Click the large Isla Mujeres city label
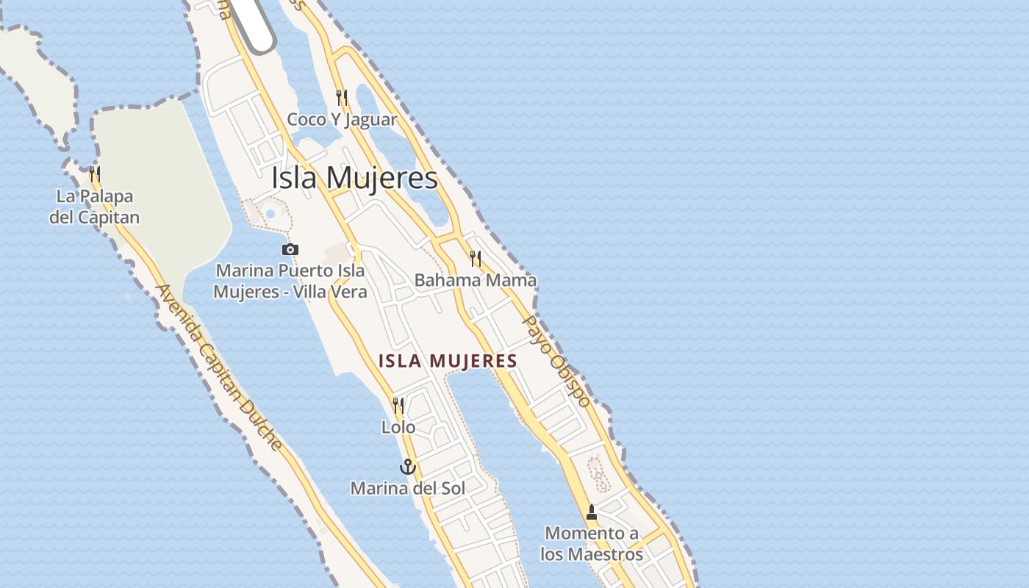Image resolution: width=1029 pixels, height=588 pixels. (354, 178)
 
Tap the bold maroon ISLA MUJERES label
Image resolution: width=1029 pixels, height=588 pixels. (448, 361)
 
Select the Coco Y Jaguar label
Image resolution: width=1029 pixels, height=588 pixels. (342, 120)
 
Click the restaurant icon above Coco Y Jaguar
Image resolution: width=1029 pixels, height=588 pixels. (341, 97)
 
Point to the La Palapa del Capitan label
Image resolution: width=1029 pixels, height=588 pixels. (94, 207)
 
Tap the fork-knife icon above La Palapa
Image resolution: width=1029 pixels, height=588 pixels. (95, 174)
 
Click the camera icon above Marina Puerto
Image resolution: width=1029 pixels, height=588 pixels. (290, 250)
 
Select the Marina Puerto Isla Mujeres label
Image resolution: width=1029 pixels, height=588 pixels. (290, 282)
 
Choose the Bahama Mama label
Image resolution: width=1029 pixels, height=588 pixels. (475, 280)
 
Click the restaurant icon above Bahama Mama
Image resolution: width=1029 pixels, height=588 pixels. (476, 259)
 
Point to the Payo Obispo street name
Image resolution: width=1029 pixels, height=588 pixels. (556, 361)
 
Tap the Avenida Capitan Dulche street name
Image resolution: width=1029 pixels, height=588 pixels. (218, 367)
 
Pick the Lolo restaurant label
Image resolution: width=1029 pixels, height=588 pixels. (398, 427)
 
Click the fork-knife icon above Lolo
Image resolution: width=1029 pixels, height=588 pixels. (398, 405)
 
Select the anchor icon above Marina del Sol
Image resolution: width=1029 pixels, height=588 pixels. (407, 467)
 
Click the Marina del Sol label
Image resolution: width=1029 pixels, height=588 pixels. (407, 487)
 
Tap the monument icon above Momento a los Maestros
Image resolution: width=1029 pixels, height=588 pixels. (592, 512)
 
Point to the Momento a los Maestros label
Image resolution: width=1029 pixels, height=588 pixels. (592, 543)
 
